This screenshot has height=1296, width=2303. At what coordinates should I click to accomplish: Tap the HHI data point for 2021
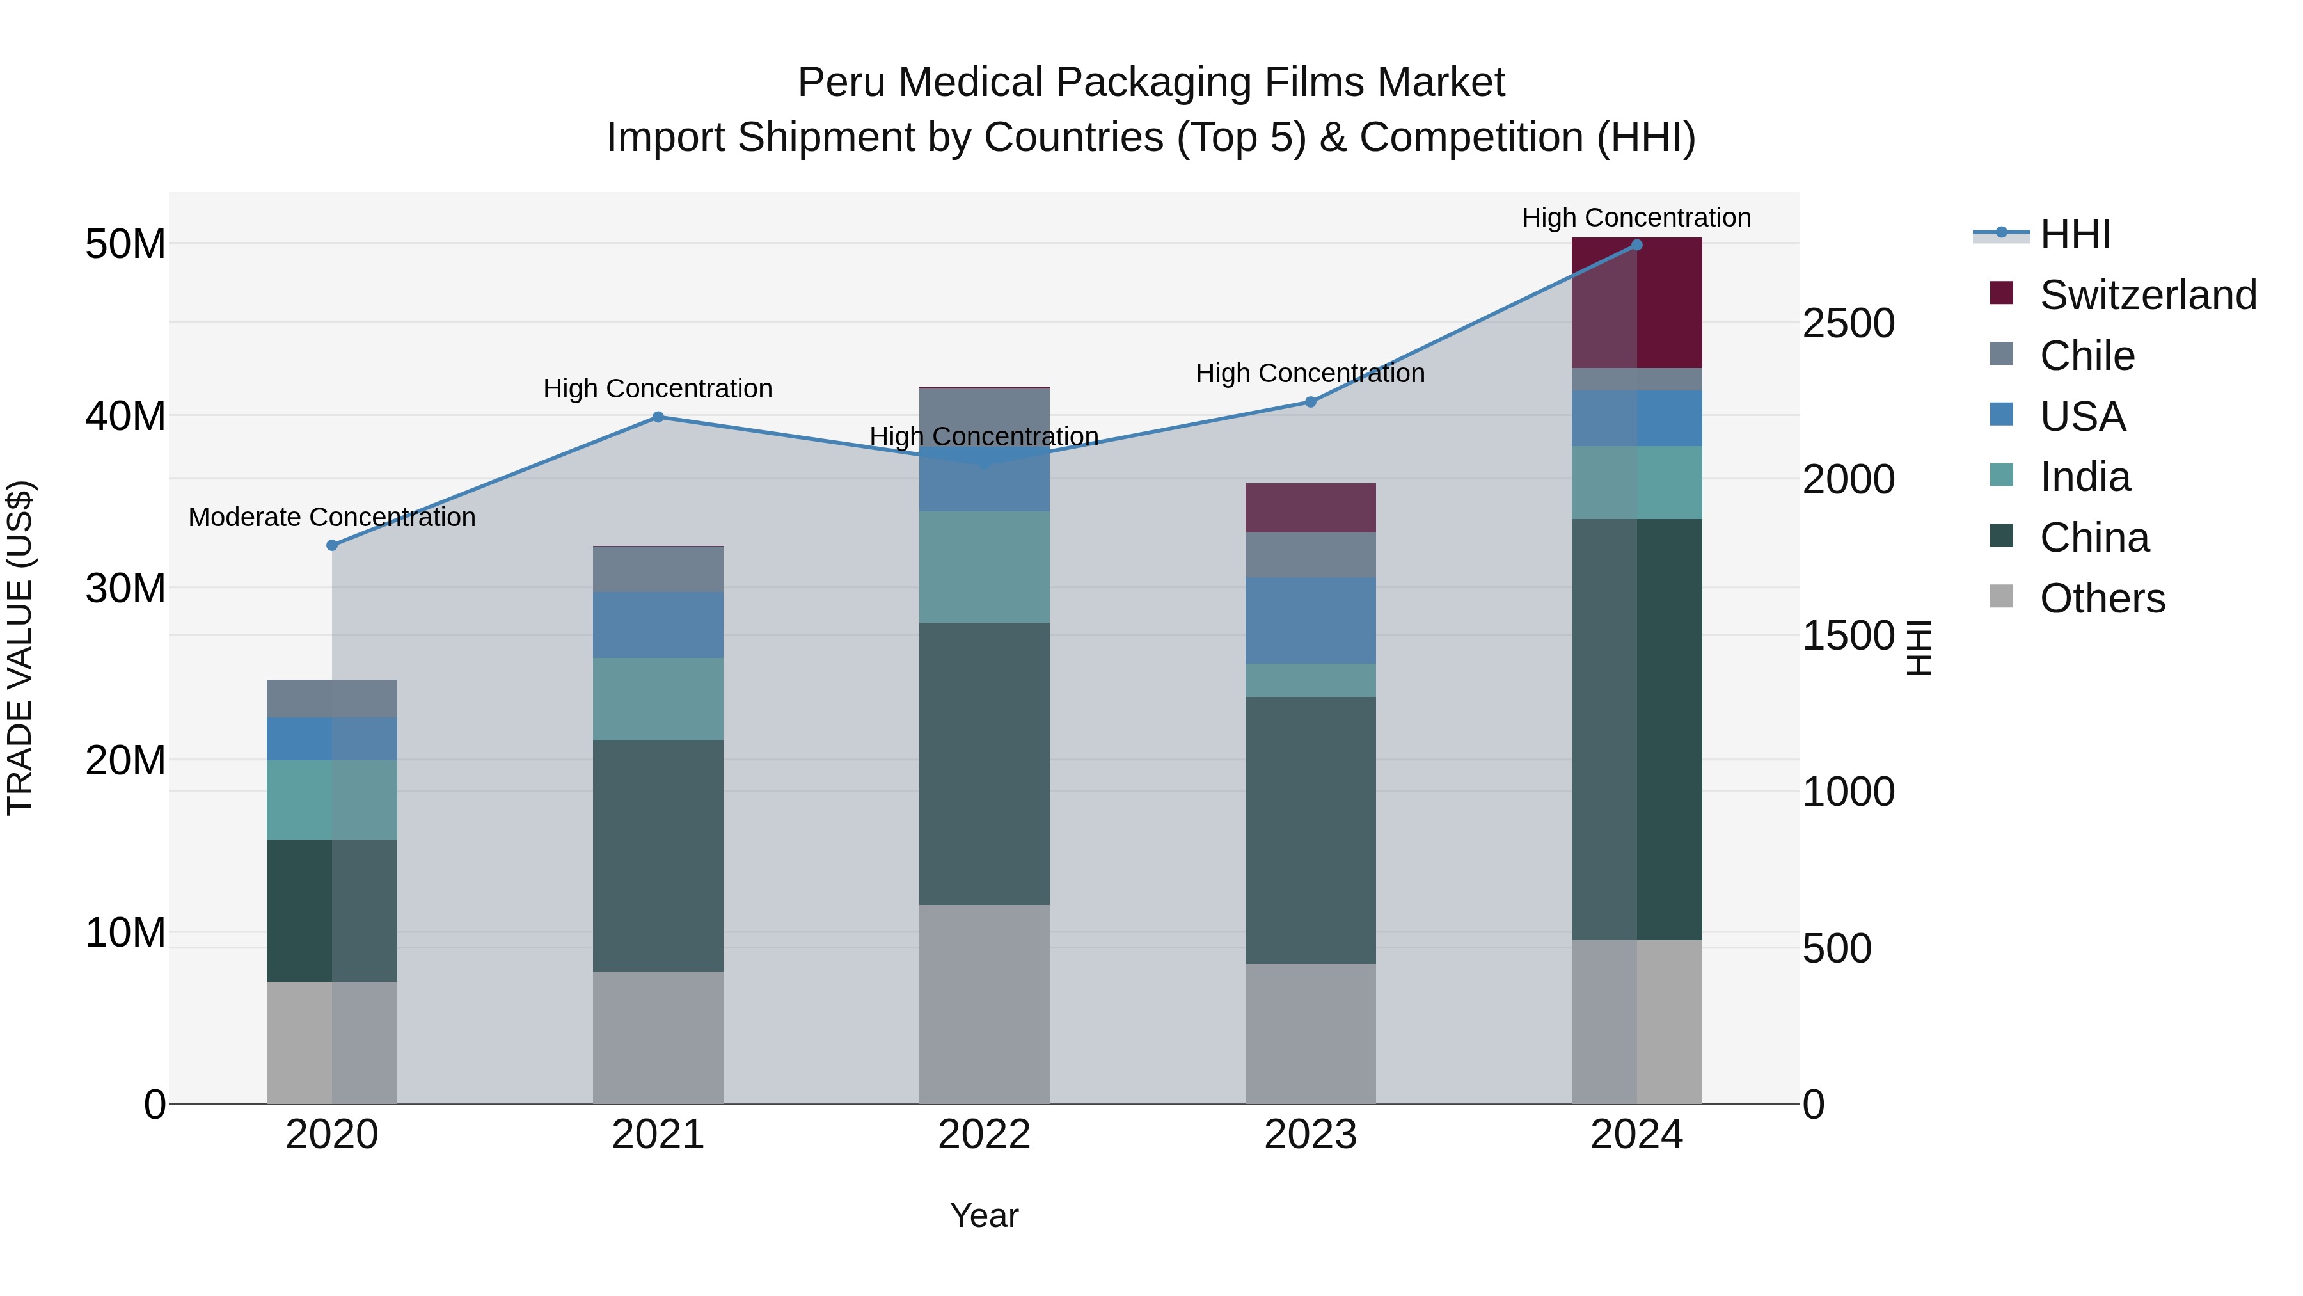coord(658,417)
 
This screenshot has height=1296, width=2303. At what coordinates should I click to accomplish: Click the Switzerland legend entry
coord(2148,295)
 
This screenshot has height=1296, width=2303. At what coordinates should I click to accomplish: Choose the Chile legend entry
coord(2087,356)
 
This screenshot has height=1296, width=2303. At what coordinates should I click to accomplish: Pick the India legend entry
coord(2084,477)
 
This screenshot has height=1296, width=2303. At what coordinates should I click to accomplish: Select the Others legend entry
coord(2102,598)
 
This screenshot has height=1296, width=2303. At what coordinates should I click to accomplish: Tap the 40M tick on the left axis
coord(125,416)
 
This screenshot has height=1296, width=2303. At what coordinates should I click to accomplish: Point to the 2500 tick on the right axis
coord(1848,323)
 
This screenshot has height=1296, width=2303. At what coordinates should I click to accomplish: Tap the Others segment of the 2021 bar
coord(658,1037)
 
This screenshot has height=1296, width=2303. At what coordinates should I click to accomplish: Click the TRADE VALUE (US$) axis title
coord(20,648)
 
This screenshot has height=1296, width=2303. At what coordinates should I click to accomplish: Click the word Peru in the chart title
coord(839,83)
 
